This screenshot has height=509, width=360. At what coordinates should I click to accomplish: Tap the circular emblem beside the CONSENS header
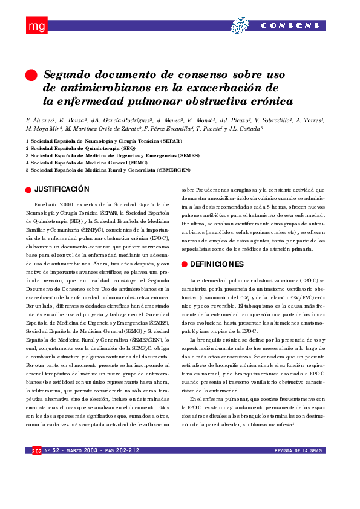pos(240,25)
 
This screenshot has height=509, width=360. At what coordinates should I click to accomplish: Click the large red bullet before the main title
pos(31,75)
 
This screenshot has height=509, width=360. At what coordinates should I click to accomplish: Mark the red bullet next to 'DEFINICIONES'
pos(185,265)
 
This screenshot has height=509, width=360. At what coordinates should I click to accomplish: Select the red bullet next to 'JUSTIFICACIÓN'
pos(28,190)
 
